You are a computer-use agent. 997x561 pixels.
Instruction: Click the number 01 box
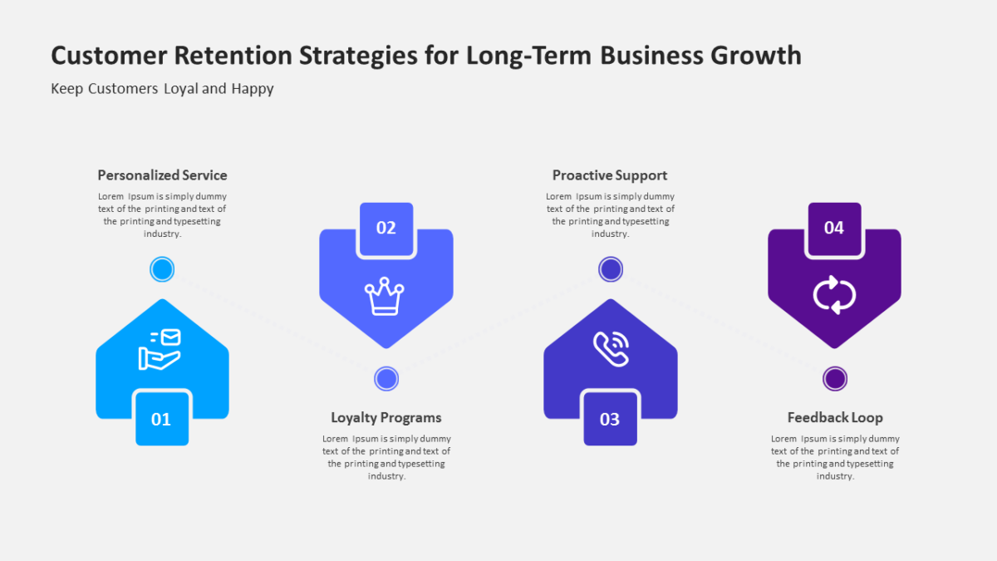[162, 419]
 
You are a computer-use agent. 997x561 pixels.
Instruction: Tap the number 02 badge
[386, 229]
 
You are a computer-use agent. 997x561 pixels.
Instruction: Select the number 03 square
[610, 419]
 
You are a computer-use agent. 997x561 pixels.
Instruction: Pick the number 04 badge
[834, 229]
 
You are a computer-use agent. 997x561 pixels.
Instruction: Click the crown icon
[385, 297]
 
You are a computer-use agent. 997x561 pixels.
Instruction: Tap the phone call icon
[611, 349]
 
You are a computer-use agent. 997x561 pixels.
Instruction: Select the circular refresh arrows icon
[834, 295]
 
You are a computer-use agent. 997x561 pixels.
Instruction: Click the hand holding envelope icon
[160, 350]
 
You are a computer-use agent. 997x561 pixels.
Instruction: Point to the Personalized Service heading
[163, 175]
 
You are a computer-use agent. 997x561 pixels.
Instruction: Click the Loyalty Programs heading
[386, 417]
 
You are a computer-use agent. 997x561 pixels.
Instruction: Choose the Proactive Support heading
[610, 175]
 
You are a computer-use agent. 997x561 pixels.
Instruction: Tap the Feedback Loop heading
[835, 417]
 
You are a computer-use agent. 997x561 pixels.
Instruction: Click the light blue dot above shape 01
[162, 269]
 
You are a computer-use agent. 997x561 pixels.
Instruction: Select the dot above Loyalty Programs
[386, 379]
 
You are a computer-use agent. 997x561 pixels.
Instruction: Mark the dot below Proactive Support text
[611, 269]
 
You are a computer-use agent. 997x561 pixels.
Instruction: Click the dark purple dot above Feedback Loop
[835, 379]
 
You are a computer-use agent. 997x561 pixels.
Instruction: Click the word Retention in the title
[233, 56]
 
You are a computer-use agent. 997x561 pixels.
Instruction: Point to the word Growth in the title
[756, 56]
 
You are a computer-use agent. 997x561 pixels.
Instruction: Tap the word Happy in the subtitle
[253, 89]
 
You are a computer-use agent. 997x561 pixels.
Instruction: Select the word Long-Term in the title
[529, 57]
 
